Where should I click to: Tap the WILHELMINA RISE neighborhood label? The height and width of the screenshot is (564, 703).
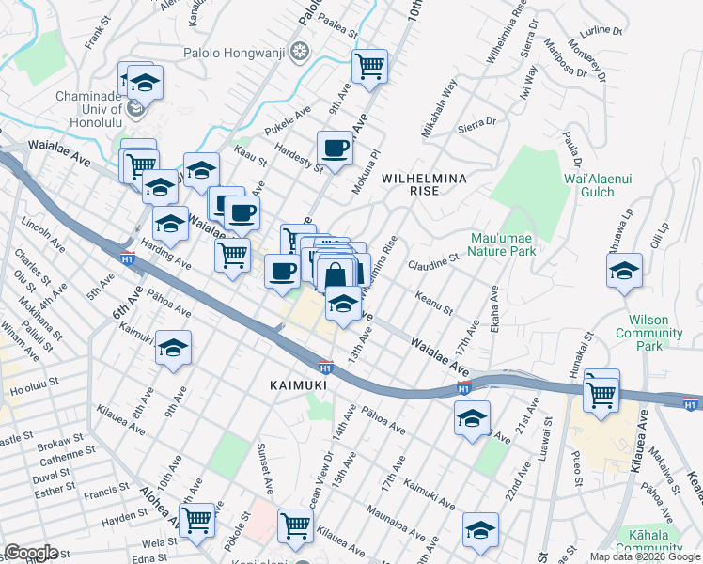412,183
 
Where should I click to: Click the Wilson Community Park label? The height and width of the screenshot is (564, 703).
649,326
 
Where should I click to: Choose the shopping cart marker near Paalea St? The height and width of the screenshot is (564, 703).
370,66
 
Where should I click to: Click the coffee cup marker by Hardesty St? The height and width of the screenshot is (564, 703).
336,148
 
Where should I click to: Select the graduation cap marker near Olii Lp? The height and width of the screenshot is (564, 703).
624,271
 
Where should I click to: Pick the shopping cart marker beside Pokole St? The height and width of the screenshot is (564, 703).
197,519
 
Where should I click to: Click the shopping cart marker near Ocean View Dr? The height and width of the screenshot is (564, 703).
295,526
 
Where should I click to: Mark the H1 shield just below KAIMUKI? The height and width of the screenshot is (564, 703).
325,366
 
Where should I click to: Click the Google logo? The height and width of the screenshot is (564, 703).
31,553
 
